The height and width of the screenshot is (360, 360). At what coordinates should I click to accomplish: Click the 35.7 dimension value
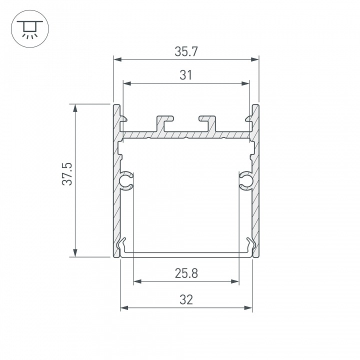click(185, 51)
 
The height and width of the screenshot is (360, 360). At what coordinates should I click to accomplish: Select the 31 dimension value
click(185, 75)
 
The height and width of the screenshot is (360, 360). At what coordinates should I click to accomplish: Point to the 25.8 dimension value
click(185, 273)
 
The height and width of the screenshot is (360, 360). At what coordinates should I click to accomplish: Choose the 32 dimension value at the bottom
click(185, 299)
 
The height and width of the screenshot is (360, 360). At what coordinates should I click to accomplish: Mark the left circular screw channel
click(126, 181)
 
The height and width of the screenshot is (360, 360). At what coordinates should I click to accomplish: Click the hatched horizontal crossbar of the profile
click(185, 134)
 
